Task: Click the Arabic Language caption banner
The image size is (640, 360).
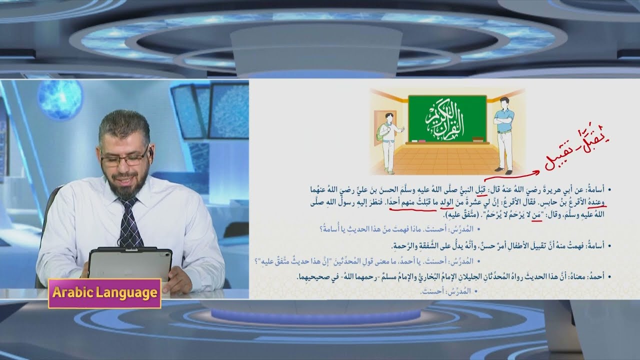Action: point(104,293)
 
